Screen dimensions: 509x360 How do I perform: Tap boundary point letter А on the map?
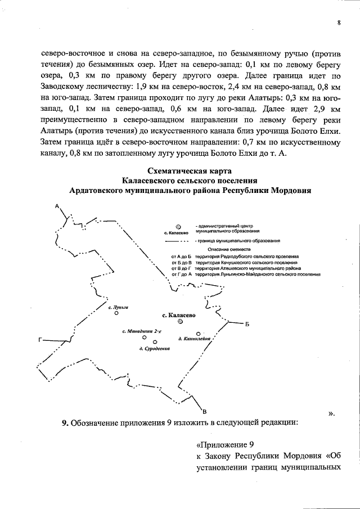pos(57,206)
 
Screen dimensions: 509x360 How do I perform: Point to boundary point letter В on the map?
pos(205,409)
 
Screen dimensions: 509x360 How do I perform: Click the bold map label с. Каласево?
pos(178,315)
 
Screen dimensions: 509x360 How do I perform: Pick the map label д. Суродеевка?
pos(155,349)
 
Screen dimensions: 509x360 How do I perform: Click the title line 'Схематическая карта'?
pos(190,171)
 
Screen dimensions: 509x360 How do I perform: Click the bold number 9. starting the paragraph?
pos(65,422)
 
